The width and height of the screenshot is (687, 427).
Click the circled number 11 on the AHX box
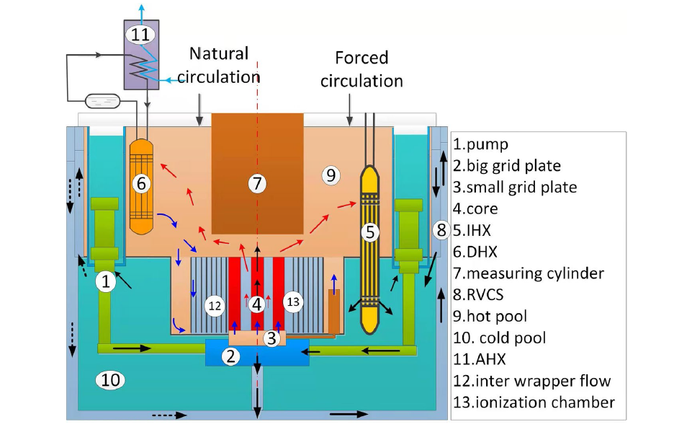(x=140, y=34)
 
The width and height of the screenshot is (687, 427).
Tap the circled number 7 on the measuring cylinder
(x=257, y=183)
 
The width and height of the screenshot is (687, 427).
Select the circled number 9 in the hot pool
(x=331, y=175)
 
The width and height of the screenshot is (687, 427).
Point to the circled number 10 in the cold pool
(x=110, y=379)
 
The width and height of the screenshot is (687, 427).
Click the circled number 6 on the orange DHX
(x=141, y=183)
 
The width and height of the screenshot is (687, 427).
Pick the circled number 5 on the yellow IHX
(x=370, y=232)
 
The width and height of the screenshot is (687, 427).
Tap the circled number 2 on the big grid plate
(x=231, y=356)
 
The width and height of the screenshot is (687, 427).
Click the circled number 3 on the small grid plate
(x=271, y=338)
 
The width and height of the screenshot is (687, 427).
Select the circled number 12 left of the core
(x=215, y=306)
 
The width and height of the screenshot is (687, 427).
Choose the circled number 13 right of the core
(x=293, y=302)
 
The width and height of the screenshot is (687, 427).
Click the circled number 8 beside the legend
(x=441, y=230)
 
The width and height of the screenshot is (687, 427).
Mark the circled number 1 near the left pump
(x=106, y=281)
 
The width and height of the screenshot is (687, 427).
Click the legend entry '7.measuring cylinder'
(x=529, y=273)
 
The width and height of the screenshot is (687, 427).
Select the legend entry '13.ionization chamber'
(x=534, y=402)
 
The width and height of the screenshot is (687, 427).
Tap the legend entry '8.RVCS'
(x=478, y=295)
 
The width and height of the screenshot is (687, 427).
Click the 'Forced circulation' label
(x=362, y=69)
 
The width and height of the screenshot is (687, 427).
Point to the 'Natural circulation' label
(x=219, y=65)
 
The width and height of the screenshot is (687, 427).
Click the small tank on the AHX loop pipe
(x=102, y=102)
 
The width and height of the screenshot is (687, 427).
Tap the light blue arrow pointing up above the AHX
(x=141, y=12)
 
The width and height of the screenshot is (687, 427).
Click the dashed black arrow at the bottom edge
(x=169, y=415)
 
